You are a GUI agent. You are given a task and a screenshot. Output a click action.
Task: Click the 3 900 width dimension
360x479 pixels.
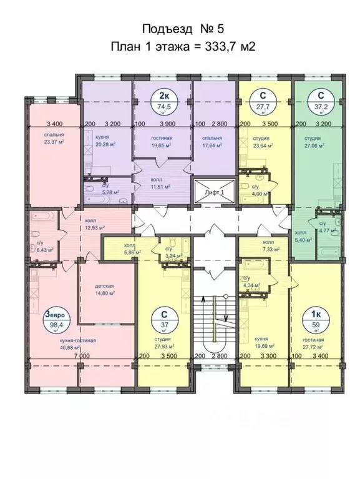pyautogui.click(x=166, y=124)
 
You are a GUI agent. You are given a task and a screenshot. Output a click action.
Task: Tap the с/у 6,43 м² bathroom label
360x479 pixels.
pyautogui.click(x=44, y=246)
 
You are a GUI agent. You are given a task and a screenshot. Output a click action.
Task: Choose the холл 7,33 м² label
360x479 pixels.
pyautogui.click(x=268, y=246)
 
